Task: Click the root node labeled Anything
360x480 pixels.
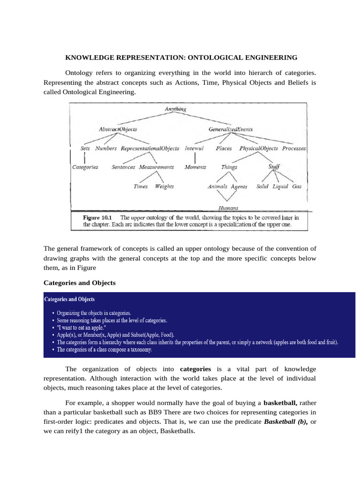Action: [x=175, y=109]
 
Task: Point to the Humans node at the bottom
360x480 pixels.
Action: [x=228, y=208]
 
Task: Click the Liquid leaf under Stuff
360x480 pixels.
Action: [x=280, y=186]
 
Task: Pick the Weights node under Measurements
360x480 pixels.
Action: [x=164, y=186]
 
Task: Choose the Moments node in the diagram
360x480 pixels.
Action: [x=195, y=167]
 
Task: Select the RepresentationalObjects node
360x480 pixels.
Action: [x=150, y=148]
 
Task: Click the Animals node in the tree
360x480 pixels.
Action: [x=217, y=186]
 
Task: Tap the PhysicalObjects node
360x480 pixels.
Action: [x=259, y=148]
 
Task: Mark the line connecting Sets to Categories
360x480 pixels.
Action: [x=84, y=157]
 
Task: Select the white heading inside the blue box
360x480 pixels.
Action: [x=69, y=299]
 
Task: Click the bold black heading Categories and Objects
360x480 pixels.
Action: [x=79, y=283]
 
